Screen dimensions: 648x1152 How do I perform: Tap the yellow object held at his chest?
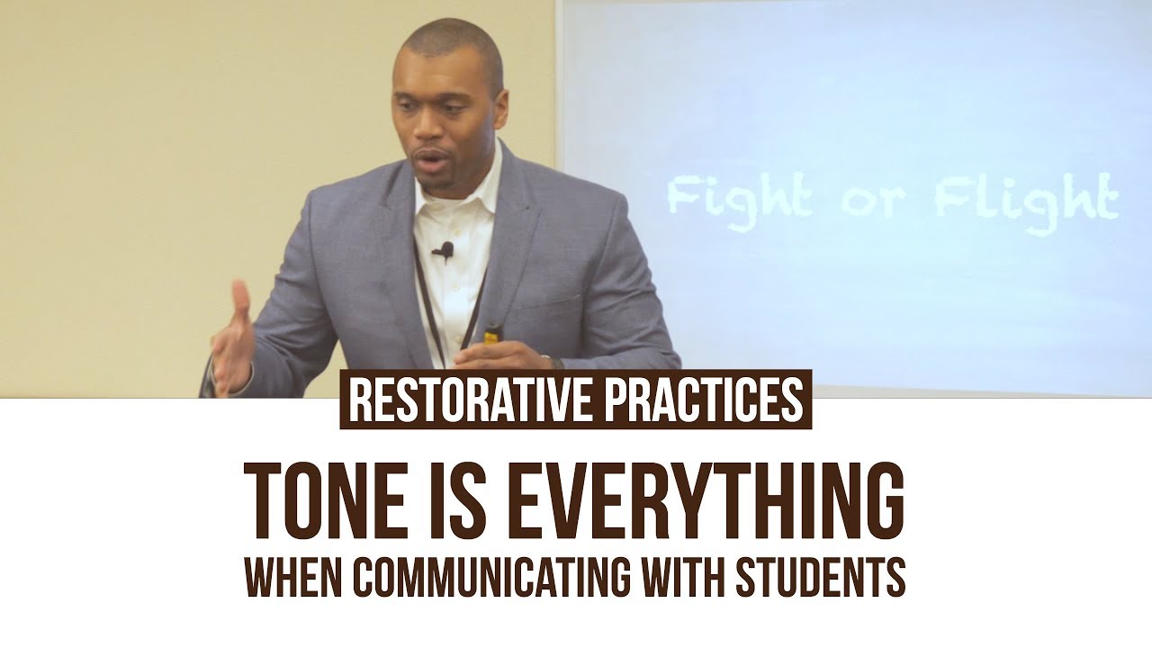pyautogui.click(x=491, y=337)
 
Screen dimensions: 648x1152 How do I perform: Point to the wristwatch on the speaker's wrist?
pyautogui.click(x=555, y=363)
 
